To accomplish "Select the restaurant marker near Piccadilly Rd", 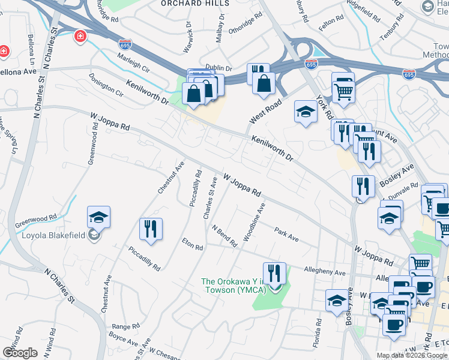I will click(151, 229).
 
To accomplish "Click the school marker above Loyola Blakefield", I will click(99, 217).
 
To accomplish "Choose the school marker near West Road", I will click(306, 111).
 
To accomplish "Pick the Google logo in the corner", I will click(20, 353).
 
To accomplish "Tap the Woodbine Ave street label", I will click(255, 222).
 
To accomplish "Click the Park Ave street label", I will click(287, 234).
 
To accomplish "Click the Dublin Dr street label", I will click(218, 68).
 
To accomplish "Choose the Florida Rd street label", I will click(316, 324).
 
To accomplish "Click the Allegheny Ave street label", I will click(325, 272).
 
